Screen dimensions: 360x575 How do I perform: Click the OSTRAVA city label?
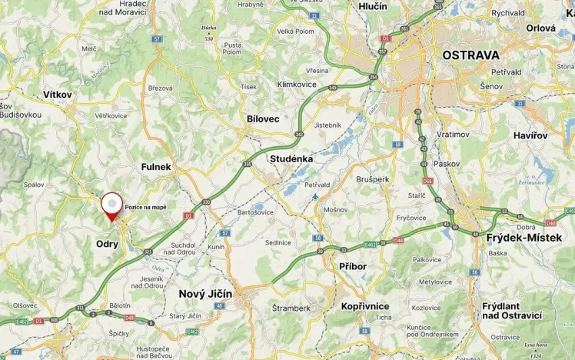pos(470,55)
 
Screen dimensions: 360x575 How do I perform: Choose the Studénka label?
pos(291,158)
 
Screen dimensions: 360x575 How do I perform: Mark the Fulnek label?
pos(156,166)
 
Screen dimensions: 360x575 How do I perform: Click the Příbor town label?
pos(353,266)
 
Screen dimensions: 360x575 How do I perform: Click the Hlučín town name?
pos(373,6)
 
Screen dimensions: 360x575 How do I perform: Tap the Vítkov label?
pos(58,95)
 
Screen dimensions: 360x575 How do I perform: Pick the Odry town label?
pos(107,244)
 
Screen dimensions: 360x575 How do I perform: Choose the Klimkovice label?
pos(297,84)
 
